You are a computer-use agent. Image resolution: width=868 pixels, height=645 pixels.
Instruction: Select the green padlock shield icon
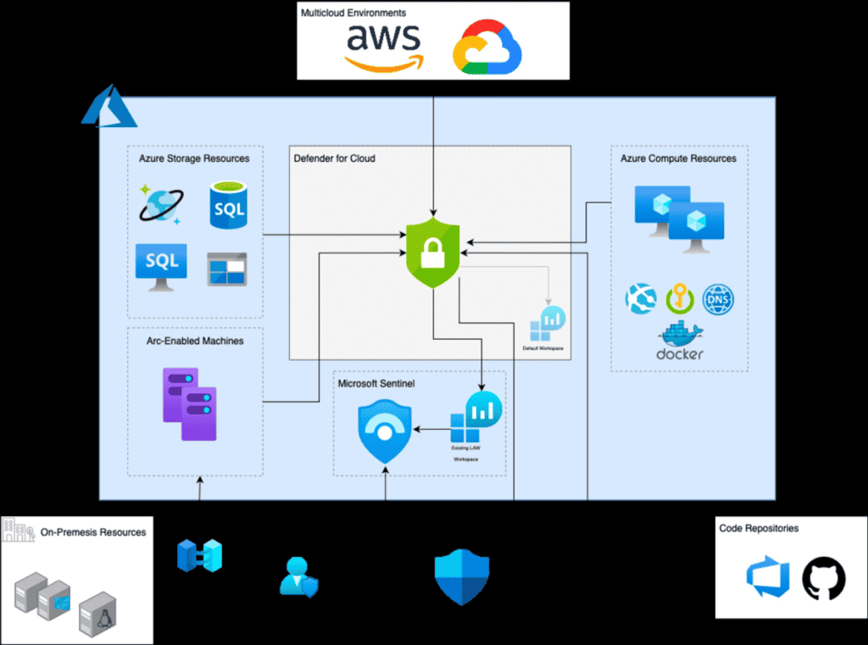tap(433, 252)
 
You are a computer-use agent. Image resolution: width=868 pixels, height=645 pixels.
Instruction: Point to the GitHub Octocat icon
tap(824, 578)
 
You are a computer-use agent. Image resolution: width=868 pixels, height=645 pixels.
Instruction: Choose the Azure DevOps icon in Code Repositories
tap(768, 578)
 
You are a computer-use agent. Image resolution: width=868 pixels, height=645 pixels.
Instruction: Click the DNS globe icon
tap(718, 299)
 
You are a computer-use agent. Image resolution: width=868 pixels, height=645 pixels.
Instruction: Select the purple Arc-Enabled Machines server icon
tap(190, 404)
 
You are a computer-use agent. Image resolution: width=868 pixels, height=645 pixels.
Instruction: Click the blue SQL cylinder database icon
tap(229, 207)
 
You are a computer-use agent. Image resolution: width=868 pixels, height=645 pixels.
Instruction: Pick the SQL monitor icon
tap(161, 266)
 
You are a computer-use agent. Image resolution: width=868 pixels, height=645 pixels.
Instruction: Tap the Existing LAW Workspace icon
tap(476, 417)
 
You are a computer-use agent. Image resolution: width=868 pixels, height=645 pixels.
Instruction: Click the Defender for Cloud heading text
tap(334, 158)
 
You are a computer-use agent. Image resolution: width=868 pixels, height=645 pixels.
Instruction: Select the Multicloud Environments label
tap(353, 14)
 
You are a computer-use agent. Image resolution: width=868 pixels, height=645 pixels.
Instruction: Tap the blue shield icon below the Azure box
tap(462, 576)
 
